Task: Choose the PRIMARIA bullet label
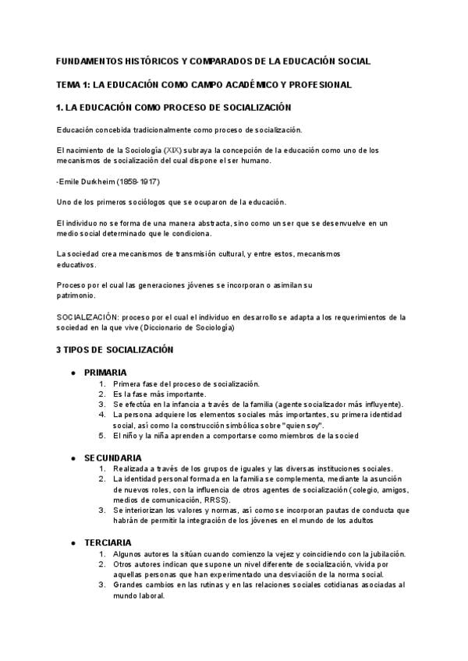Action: click(105, 373)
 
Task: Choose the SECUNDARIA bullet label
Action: click(112, 457)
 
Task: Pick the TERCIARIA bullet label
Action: click(108, 542)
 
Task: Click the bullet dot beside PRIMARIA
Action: click(73, 373)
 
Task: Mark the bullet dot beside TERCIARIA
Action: click(73, 542)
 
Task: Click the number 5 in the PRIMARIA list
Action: click(102, 437)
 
